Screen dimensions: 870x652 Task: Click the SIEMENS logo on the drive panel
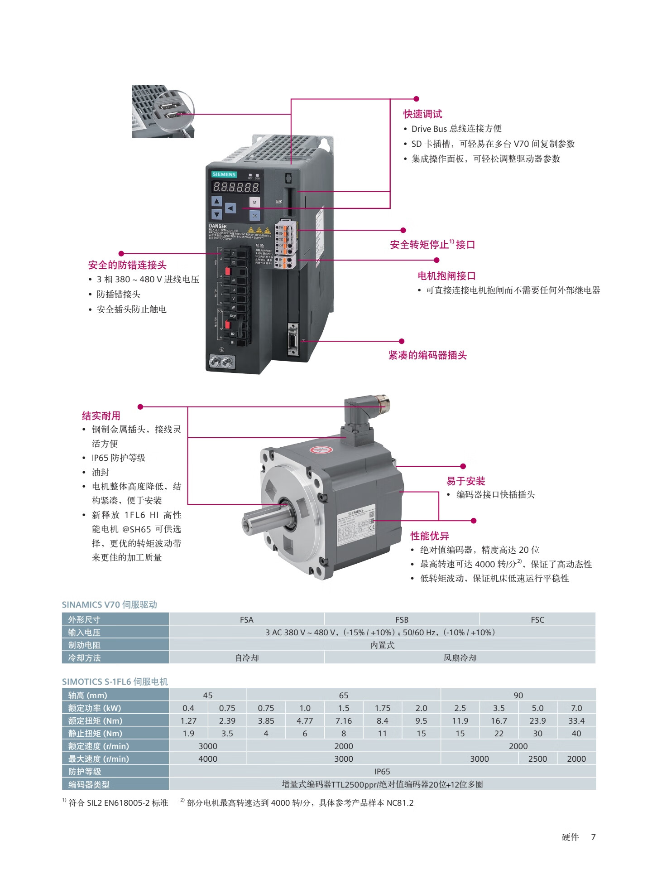pyautogui.click(x=224, y=174)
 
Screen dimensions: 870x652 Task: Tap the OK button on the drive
pyautogui.click(x=254, y=216)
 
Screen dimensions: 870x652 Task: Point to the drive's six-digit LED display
pyautogui.click(x=236, y=187)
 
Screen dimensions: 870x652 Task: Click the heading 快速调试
pyautogui.click(x=422, y=114)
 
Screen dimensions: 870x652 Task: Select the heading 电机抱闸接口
pyautogui.click(x=446, y=276)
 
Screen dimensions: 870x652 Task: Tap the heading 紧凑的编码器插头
pyautogui.click(x=427, y=355)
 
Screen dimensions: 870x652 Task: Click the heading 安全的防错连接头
pyautogui.click(x=127, y=265)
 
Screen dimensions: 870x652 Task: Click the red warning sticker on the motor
pyautogui.click(x=321, y=450)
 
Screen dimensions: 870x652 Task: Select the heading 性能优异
pyautogui.click(x=430, y=536)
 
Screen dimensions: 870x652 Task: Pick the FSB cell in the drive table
pyautogui.click(x=402, y=619)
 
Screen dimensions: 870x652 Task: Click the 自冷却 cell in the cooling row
pyautogui.click(x=247, y=657)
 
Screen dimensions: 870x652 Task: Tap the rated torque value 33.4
pyautogui.click(x=576, y=720)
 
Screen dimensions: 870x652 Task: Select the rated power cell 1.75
pyautogui.click(x=382, y=708)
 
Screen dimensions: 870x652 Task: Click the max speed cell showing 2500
pyautogui.click(x=537, y=759)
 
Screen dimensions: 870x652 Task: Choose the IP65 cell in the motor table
pyautogui.click(x=382, y=771)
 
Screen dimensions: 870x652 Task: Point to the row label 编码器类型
pyautogui.click(x=89, y=784)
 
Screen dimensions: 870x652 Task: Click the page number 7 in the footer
pyautogui.click(x=593, y=837)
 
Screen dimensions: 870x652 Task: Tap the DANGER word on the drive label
pyautogui.click(x=218, y=226)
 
